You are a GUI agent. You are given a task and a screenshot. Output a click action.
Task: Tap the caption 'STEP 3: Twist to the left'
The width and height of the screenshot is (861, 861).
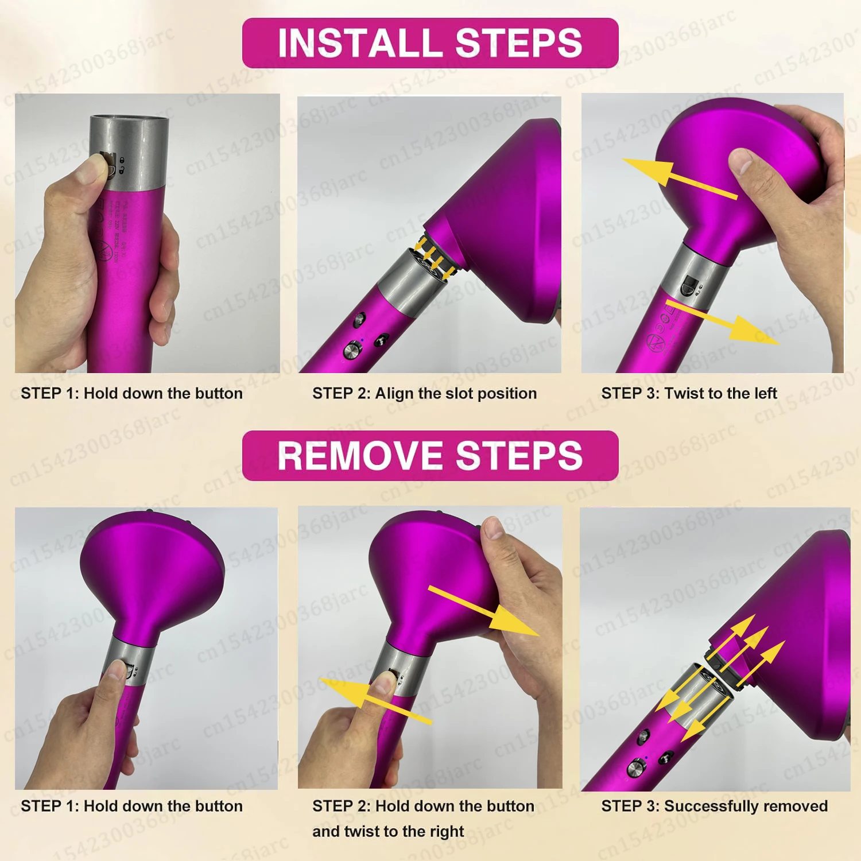click(x=688, y=393)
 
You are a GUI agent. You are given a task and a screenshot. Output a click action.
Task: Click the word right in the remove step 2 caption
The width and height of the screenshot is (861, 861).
click(x=446, y=831)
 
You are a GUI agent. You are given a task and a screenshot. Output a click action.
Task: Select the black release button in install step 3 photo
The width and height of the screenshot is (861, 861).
click(x=688, y=285)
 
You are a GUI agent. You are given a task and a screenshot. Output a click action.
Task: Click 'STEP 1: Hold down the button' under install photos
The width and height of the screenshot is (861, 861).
click(x=131, y=393)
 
